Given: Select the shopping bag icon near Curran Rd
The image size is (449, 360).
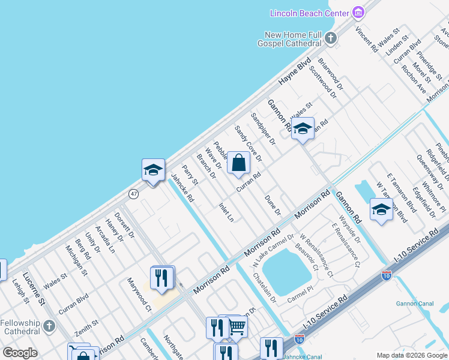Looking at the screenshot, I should pyautogui.click(x=238, y=162).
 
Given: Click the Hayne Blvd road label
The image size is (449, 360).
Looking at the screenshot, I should pyautogui.click(x=295, y=72).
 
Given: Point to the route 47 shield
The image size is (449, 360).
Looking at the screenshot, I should pyautogui.click(x=134, y=194).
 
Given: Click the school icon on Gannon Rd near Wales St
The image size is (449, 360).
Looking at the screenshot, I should pyautogui.click(x=303, y=128).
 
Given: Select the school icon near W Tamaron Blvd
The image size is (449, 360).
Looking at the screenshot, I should pyautogui.click(x=381, y=209).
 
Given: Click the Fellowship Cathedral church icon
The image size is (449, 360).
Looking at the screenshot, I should pyautogui.click(x=49, y=327).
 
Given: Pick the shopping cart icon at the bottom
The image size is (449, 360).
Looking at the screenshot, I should pyautogui.click(x=238, y=327).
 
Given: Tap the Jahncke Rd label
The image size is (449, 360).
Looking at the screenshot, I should pyautogui.click(x=182, y=188).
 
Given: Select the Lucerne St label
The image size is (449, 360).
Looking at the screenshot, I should pyautogui.click(x=35, y=289).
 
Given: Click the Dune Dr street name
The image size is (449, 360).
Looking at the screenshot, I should pyautogui.click(x=273, y=205).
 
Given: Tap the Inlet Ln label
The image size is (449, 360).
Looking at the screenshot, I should pyautogui.click(x=226, y=212).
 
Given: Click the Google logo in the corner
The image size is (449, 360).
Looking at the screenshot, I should pyautogui.click(x=20, y=353).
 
